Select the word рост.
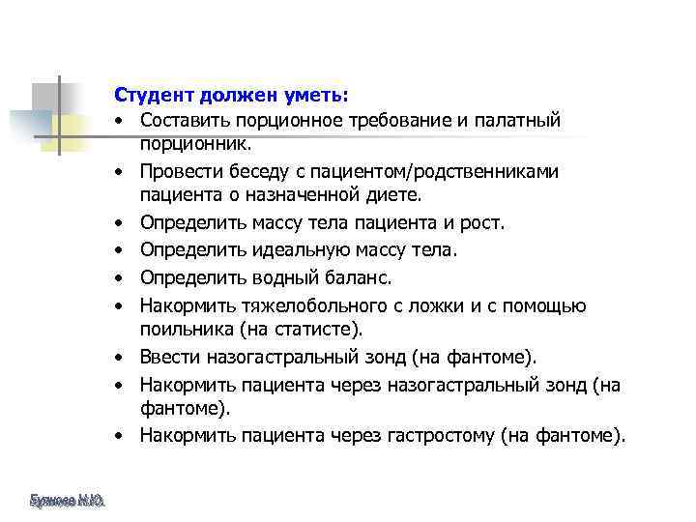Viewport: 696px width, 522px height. (x=482, y=223)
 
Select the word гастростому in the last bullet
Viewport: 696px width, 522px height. (x=444, y=436)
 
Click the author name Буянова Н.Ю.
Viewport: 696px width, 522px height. (x=68, y=500)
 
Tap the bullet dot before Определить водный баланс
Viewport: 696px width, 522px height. (x=115, y=279)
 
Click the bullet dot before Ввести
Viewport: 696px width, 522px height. (x=115, y=359)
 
